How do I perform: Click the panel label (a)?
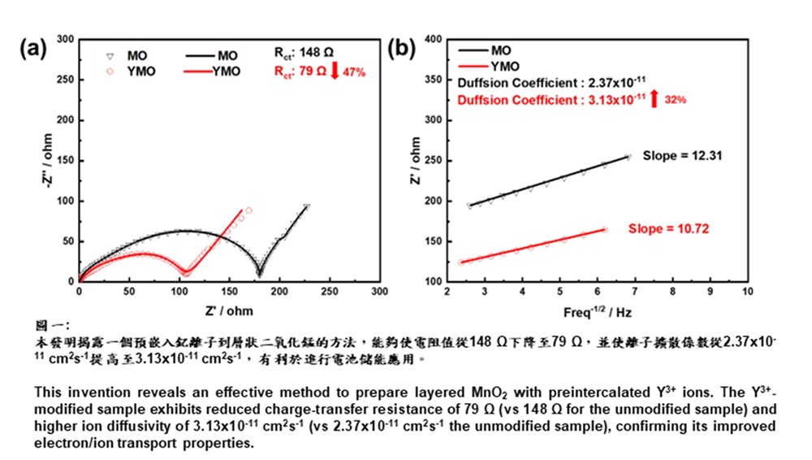coord(34,50)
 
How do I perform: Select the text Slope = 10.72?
coord(669,229)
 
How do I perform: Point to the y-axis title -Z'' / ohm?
coord(48,159)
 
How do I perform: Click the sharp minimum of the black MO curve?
coord(146,275)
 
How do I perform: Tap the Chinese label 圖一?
coord(55,323)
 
